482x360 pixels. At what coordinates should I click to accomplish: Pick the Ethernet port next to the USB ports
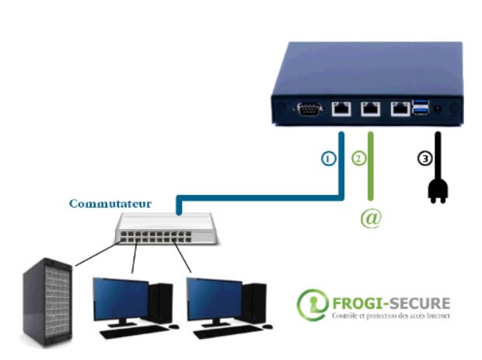tap(401, 109)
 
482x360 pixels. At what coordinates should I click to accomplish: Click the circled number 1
tap(329, 158)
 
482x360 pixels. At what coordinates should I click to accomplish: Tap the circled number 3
tap(424, 158)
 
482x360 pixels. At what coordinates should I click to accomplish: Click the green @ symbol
tap(371, 218)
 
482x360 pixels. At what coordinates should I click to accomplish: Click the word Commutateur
tap(110, 204)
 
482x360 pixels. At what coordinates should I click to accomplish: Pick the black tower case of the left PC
tap(160, 302)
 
